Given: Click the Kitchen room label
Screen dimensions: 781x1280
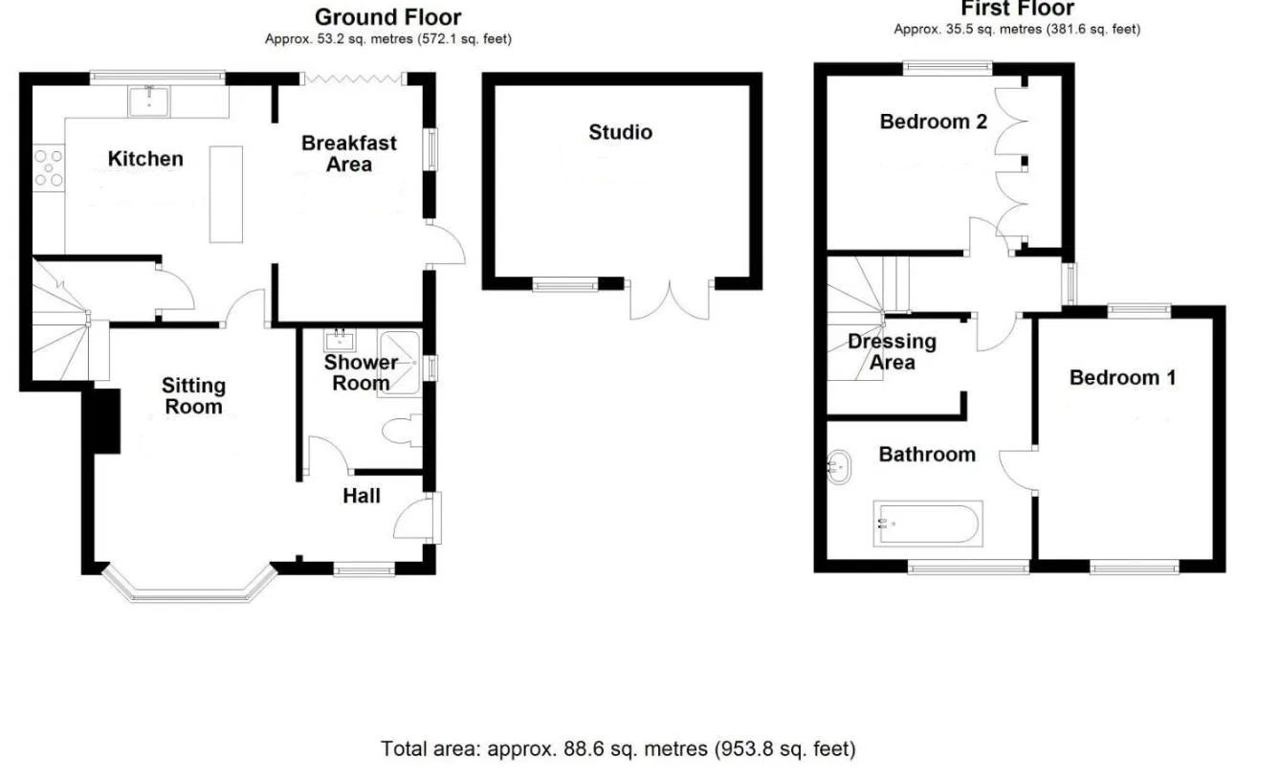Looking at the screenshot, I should (x=145, y=159).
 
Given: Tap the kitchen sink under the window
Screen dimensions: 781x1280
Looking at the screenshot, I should (x=149, y=100).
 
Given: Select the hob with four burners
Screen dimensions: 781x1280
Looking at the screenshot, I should (x=48, y=167).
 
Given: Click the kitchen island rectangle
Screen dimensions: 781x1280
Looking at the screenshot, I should (x=227, y=193).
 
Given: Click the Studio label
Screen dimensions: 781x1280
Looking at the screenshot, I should (x=621, y=132).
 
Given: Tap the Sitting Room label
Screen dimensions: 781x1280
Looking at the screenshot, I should (x=193, y=395).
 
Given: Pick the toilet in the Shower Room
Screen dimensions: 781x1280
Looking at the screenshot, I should (x=403, y=432).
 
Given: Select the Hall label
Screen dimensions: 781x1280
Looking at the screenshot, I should (x=362, y=496).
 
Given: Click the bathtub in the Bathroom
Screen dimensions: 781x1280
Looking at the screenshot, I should (x=926, y=524).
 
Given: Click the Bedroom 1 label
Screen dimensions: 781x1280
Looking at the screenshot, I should (x=1122, y=378).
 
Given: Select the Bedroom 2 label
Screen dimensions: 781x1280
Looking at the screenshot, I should (x=933, y=122).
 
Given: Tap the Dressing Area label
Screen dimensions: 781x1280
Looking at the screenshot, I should (x=892, y=351).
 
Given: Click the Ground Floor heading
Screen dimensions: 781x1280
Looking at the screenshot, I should (x=387, y=17).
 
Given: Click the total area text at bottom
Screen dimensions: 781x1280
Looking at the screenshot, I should (x=618, y=748).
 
